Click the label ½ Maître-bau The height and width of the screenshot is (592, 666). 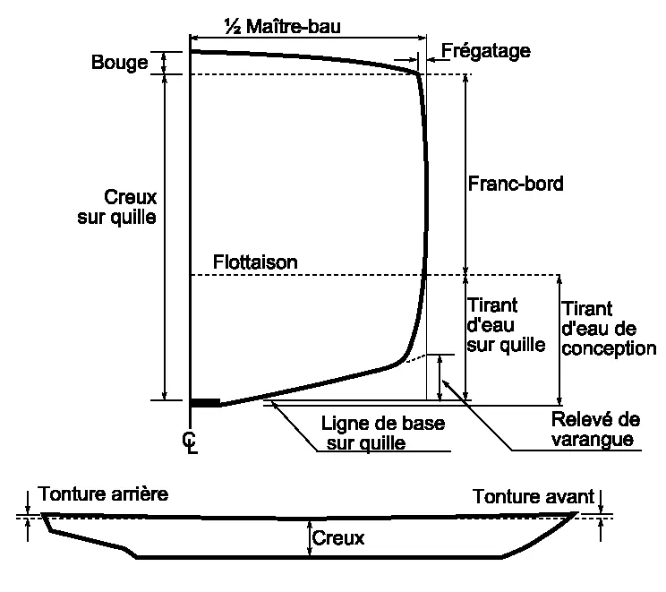283,26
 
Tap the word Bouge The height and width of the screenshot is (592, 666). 120,63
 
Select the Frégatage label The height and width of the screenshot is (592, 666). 486,51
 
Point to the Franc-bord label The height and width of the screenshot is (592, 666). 516,184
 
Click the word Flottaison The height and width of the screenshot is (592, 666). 255,262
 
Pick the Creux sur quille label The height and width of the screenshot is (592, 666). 116,207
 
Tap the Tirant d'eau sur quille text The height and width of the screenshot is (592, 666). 506,325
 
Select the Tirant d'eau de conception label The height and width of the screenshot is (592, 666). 609,329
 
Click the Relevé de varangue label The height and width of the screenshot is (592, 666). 595,429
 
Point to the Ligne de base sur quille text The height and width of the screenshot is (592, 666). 383,433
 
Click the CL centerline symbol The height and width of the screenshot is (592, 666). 190,443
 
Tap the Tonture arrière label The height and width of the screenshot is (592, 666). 103,493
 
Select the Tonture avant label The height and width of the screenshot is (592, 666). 534,496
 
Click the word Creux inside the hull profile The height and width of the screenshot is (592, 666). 338,538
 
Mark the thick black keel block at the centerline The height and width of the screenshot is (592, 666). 205,403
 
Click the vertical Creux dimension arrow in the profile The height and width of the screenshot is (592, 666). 309,537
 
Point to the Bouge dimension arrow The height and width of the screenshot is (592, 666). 164,64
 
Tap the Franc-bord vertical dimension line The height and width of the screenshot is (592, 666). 465,175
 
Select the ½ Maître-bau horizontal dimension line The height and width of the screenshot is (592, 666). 308,39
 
